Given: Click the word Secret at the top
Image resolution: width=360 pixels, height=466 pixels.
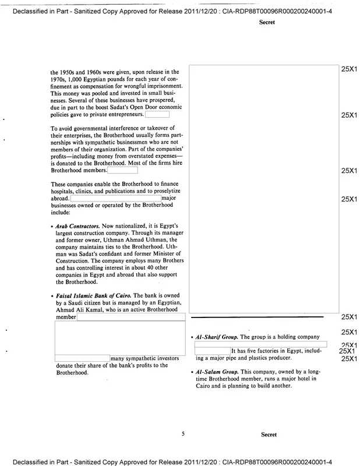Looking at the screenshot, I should pos(268,23).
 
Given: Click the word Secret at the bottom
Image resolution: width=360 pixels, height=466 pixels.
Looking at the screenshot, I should pos(268,435).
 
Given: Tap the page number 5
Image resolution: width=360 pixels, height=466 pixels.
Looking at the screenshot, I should pos(183,434).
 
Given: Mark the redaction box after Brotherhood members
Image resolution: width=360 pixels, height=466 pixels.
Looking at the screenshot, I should pos(122,171).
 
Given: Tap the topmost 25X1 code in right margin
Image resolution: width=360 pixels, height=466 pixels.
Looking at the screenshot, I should pos(348,69).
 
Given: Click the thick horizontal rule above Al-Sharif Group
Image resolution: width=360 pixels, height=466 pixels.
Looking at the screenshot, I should pos(257,317).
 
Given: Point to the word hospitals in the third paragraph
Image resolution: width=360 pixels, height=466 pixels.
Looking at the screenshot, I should pos(64,192).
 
